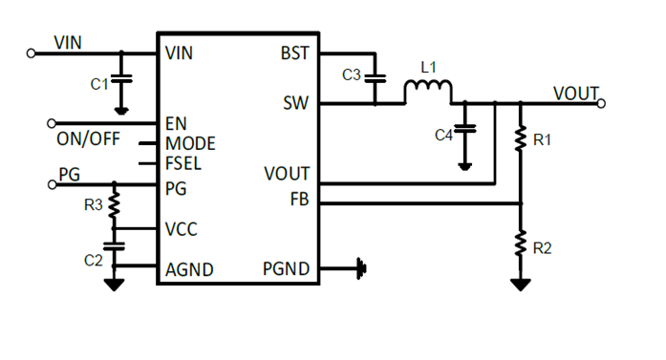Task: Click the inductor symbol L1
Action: point(427,93)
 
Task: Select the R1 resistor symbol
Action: point(521,140)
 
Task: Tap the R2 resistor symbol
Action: point(521,244)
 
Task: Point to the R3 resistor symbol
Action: point(115,203)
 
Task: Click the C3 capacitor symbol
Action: point(376,78)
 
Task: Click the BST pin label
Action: point(295,53)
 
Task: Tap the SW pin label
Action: point(296,102)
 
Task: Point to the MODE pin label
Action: point(190,144)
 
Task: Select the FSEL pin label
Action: point(183,162)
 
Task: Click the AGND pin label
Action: point(188,270)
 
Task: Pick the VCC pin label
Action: point(182,229)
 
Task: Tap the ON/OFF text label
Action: point(88,139)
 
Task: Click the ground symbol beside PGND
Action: point(361,269)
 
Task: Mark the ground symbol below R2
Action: point(521,285)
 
